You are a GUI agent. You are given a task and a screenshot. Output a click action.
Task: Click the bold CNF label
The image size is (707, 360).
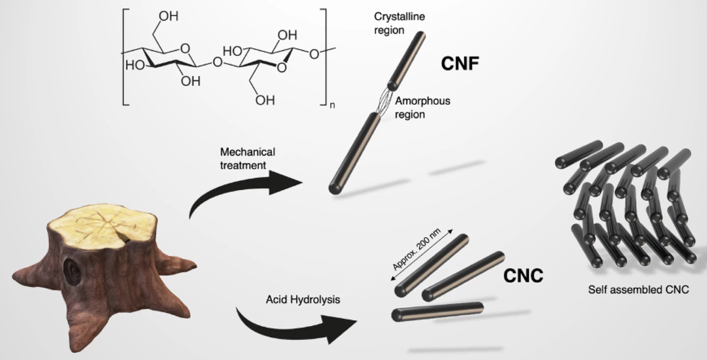(460, 64)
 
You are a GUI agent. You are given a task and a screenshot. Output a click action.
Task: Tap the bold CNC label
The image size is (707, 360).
(523, 276)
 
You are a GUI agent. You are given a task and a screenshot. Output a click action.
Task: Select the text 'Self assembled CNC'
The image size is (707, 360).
(638, 290)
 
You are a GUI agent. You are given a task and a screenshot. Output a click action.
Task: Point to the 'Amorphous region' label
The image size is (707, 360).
(422, 108)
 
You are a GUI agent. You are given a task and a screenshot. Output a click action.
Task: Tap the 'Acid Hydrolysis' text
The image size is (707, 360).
(296, 299)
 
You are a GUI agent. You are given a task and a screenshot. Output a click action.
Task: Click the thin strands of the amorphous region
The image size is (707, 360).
(383, 101)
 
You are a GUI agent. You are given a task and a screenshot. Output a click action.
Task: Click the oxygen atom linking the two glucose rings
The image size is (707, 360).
(217, 63)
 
